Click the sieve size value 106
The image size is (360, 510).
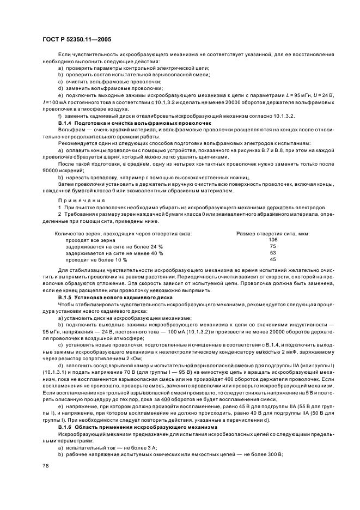(273, 240)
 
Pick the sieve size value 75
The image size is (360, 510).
(273, 246)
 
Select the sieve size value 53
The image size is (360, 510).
(273, 253)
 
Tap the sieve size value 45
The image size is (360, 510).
(273, 259)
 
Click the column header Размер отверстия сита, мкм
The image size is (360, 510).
(273, 233)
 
